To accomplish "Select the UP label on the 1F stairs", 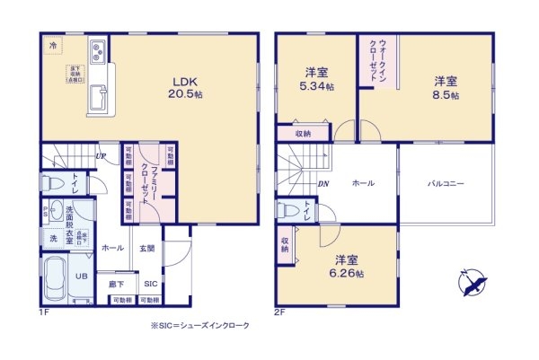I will click(101, 155).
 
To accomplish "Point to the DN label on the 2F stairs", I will click(323, 183).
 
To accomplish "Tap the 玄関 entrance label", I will click(148, 248).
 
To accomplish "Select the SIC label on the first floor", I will click(150, 283).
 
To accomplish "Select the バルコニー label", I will click(446, 183).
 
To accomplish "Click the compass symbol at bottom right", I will click(473, 283).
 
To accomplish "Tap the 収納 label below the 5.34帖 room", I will click(303, 134).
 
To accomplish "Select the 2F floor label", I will click(279, 312).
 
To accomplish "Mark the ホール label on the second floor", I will click(363, 183).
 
